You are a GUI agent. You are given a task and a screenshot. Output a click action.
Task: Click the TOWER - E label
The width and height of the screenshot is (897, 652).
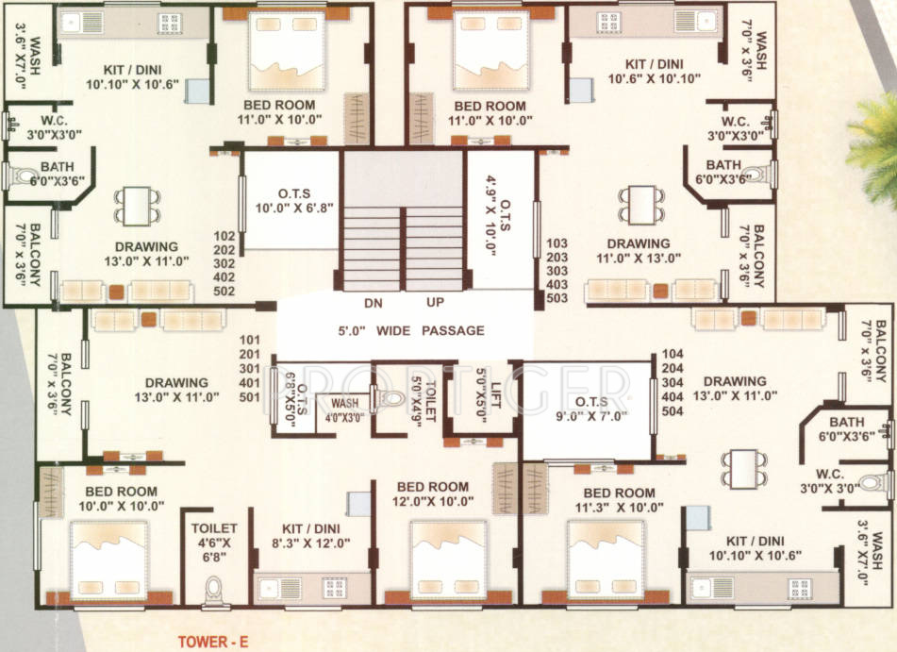click(x=212, y=643)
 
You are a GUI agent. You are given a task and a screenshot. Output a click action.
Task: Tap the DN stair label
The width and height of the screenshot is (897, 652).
click(x=373, y=304)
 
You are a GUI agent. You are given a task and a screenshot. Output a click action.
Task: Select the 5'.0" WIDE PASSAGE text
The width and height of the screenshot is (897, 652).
click(x=411, y=330)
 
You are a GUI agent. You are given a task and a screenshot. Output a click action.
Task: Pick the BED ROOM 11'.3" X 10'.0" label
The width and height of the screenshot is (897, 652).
click(x=619, y=499)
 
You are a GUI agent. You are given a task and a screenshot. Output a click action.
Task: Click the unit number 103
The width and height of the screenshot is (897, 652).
click(x=557, y=242)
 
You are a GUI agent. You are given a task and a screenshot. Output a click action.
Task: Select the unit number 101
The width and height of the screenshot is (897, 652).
click(x=250, y=339)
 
